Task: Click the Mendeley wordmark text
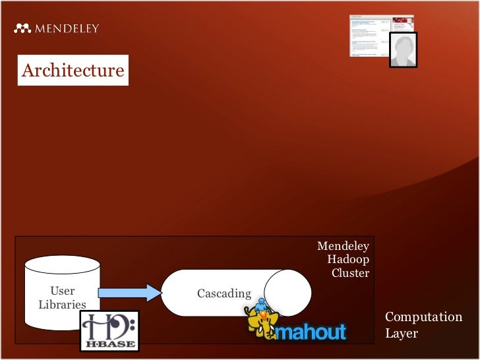click(x=67, y=28)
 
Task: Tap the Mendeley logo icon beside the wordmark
click(x=22, y=28)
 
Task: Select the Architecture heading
click(x=73, y=71)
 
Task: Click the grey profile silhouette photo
click(x=402, y=49)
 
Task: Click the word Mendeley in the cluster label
click(x=343, y=246)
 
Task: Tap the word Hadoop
click(x=348, y=259)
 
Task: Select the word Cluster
click(x=350, y=272)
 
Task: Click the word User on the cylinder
click(x=63, y=291)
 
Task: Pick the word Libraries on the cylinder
click(x=62, y=305)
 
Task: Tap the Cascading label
click(x=224, y=293)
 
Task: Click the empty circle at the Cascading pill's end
click(x=288, y=292)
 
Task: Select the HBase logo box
click(x=109, y=330)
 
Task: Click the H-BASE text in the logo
click(x=109, y=344)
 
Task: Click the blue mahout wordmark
click(x=311, y=331)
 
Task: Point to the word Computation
click(x=423, y=317)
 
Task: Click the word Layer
click(x=401, y=333)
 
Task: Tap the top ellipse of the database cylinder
click(x=63, y=265)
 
